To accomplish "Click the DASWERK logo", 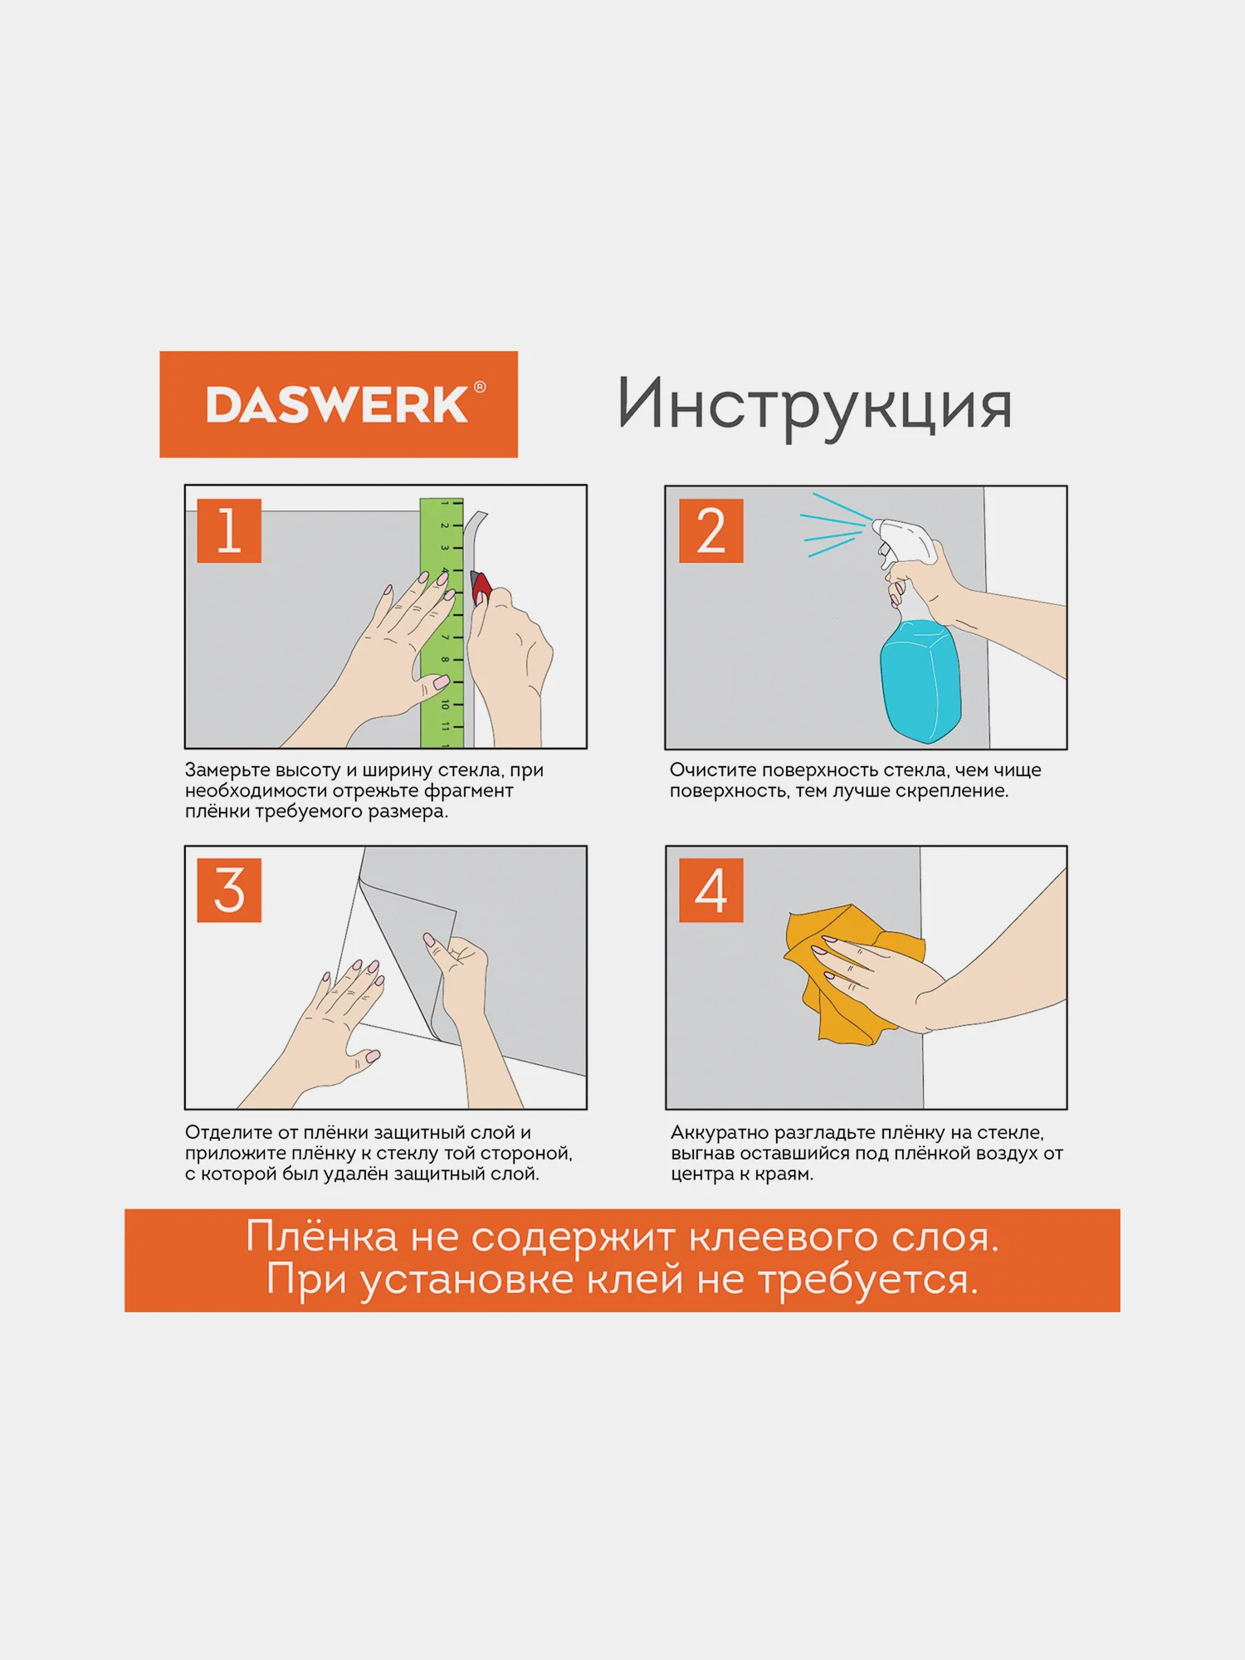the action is [338, 404].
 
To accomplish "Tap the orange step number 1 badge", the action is [229, 530].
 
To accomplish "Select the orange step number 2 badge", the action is [711, 530].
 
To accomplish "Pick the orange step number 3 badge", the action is [229, 890].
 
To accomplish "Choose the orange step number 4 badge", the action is [711, 890].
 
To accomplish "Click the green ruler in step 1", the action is [442, 622].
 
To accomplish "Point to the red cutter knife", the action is [481, 586].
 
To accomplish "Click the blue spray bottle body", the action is [920, 681].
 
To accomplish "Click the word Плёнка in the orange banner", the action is [322, 1237].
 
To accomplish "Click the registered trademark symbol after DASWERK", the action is [480, 387].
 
